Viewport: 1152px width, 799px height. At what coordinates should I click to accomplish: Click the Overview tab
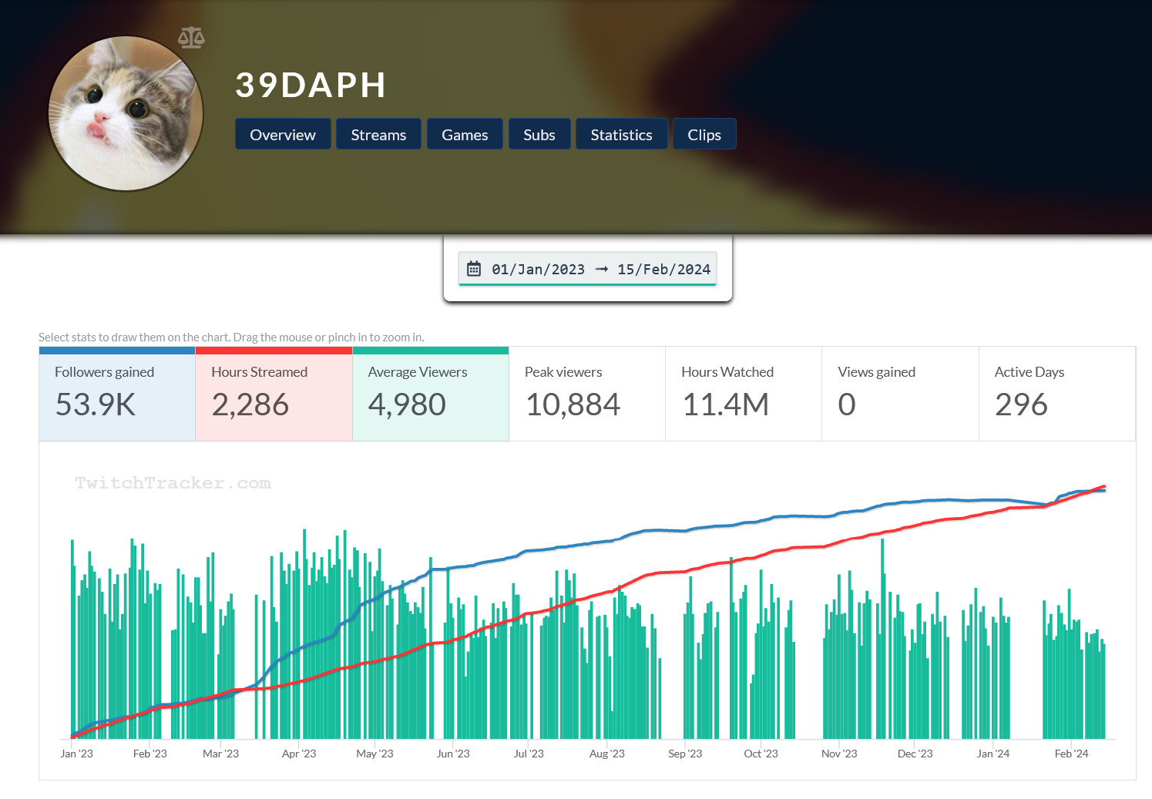pos(283,135)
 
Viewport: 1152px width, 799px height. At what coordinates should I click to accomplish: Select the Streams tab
pos(378,135)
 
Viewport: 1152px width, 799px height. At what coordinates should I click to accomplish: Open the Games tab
pos(465,135)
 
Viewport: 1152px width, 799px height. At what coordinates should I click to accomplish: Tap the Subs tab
pos(539,135)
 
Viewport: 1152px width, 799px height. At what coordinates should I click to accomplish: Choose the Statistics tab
pos(621,135)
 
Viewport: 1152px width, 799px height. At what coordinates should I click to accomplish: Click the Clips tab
pos(704,135)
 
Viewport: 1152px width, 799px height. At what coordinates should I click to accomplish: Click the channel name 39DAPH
pos(311,86)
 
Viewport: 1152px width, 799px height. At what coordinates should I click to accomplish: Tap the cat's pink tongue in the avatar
pos(97,128)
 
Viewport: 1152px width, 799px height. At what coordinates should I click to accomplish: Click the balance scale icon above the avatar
pos(191,37)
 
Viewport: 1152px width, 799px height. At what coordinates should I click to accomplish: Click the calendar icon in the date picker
pos(474,269)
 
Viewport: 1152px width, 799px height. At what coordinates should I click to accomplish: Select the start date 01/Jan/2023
pos(538,269)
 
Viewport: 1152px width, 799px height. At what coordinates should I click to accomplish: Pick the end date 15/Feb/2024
pos(663,269)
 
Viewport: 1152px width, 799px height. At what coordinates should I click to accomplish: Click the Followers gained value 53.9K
pos(96,405)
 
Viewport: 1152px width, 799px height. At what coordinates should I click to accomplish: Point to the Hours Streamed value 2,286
pos(250,405)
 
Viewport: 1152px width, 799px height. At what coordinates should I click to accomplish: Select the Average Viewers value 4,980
pos(407,405)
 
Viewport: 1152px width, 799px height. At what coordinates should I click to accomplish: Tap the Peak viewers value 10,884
pos(573,405)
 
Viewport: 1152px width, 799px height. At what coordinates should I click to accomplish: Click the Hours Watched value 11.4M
pos(725,405)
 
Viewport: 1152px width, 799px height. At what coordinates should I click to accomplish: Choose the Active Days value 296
pos(1021,405)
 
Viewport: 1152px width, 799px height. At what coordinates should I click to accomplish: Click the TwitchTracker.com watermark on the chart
pos(173,483)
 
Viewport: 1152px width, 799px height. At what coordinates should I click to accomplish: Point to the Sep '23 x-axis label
pos(685,754)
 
